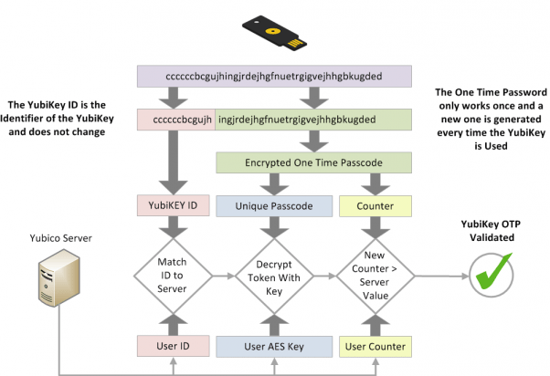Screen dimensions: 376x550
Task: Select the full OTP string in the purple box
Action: click(268, 76)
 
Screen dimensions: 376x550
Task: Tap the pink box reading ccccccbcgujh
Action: click(175, 120)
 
